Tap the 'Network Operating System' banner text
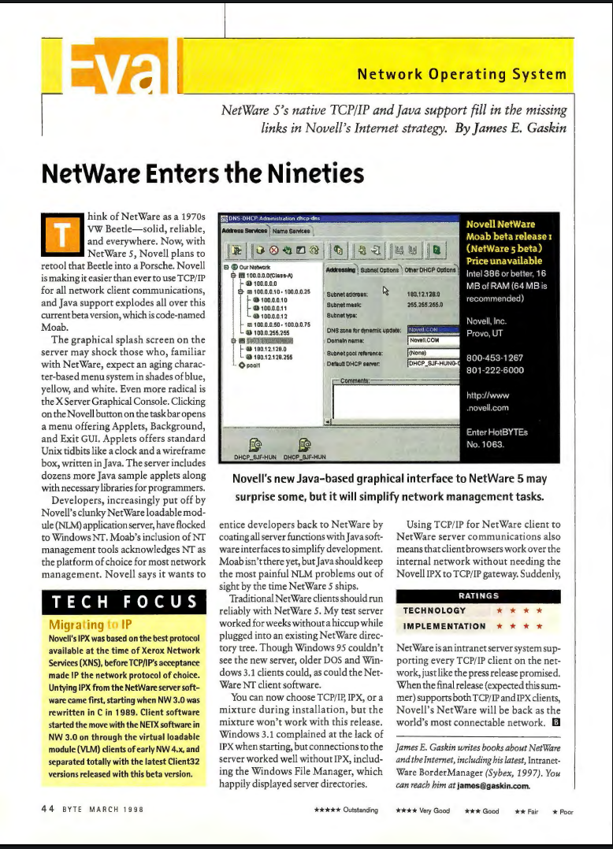(x=462, y=76)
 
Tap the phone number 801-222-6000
(x=494, y=369)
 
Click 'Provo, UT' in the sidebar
(x=485, y=335)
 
